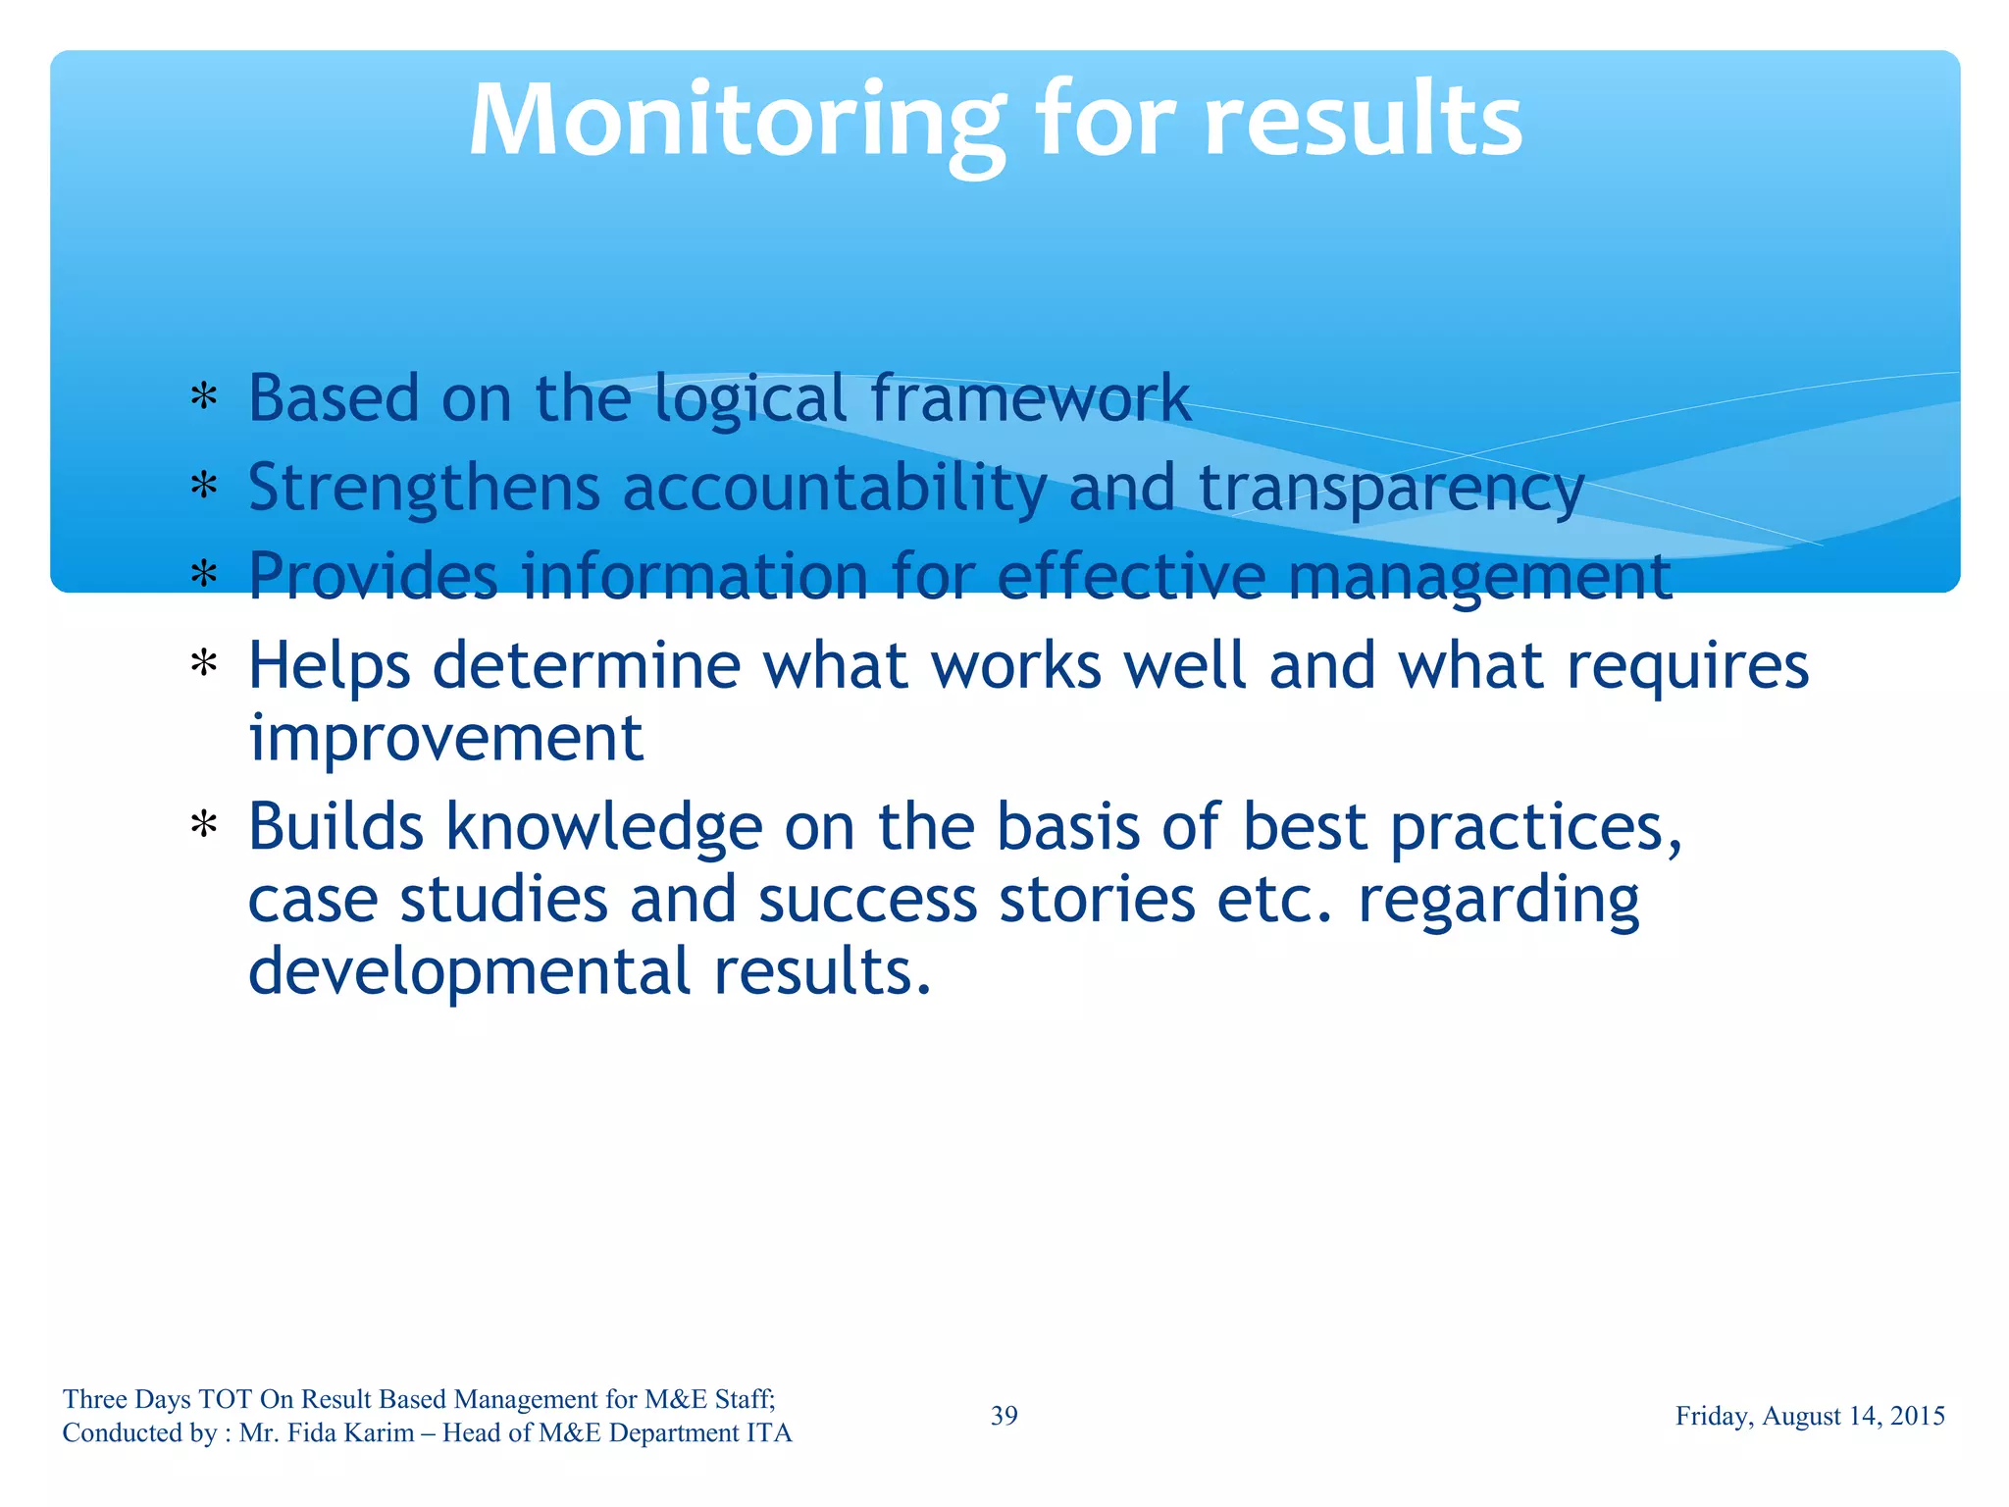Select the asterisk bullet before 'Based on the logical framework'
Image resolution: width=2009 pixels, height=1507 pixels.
coord(204,397)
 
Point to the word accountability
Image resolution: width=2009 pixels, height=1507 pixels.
coord(834,488)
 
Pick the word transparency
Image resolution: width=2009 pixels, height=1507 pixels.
coord(1391,488)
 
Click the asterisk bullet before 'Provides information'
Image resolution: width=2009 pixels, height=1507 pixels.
coord(204,574)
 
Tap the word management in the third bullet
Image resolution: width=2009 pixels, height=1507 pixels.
coord(1479,577)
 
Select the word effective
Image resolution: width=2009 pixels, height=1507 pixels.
coord(1131,576)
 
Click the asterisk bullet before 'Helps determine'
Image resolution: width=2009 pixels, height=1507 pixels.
coord(204,665)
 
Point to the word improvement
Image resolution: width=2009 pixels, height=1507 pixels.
coord(445,738)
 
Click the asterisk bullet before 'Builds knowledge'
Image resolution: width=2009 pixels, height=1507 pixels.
coord(204,826)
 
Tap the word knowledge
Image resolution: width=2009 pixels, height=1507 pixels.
coord(604,827)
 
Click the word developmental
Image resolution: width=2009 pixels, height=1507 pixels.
coord(470,971)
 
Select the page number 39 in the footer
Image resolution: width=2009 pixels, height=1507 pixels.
coord(1004,1416)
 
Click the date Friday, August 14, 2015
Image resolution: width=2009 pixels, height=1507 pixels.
coord(1810,1416)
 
